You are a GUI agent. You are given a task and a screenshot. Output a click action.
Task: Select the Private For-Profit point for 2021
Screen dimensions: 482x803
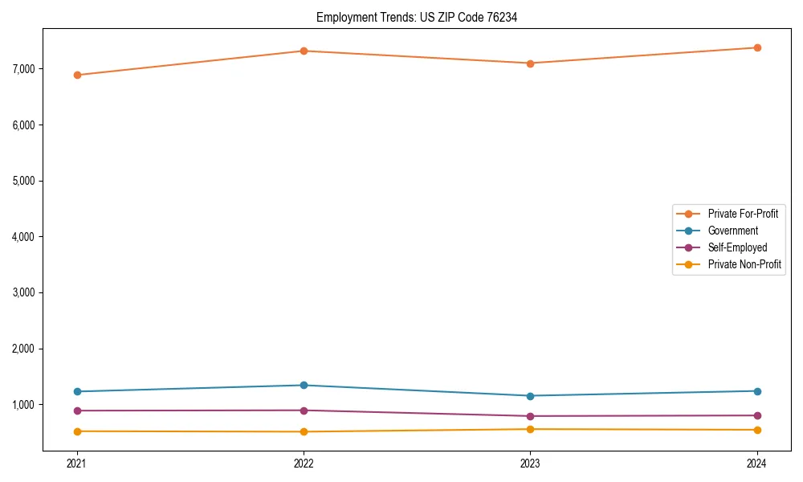77,75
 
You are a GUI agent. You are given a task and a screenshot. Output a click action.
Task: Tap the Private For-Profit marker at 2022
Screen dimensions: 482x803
304,51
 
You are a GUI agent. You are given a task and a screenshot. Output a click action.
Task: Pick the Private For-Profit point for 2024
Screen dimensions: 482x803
757,47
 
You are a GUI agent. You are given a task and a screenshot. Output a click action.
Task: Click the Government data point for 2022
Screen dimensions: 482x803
304,385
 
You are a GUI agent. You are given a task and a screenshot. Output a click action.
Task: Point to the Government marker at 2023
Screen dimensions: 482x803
530,396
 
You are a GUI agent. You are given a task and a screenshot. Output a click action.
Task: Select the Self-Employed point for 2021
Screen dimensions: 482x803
77,411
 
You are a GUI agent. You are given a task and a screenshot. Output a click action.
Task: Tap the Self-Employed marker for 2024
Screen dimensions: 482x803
757,415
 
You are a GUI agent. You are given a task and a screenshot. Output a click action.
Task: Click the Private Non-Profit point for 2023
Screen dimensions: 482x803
530,429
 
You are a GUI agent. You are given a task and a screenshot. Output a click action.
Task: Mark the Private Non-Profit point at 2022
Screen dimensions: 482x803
304,431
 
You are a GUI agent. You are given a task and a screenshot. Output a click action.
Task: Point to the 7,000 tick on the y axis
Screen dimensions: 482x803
25,69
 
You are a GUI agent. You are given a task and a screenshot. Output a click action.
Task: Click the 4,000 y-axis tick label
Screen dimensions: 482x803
25,237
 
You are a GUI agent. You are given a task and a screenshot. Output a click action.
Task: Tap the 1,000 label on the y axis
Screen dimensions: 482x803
25,405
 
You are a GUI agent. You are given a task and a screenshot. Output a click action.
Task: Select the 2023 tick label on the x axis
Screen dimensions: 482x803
530,464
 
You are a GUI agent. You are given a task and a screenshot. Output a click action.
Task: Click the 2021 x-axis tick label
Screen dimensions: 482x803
77,464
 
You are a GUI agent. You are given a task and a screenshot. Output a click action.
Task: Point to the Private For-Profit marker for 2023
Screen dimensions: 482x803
530,63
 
